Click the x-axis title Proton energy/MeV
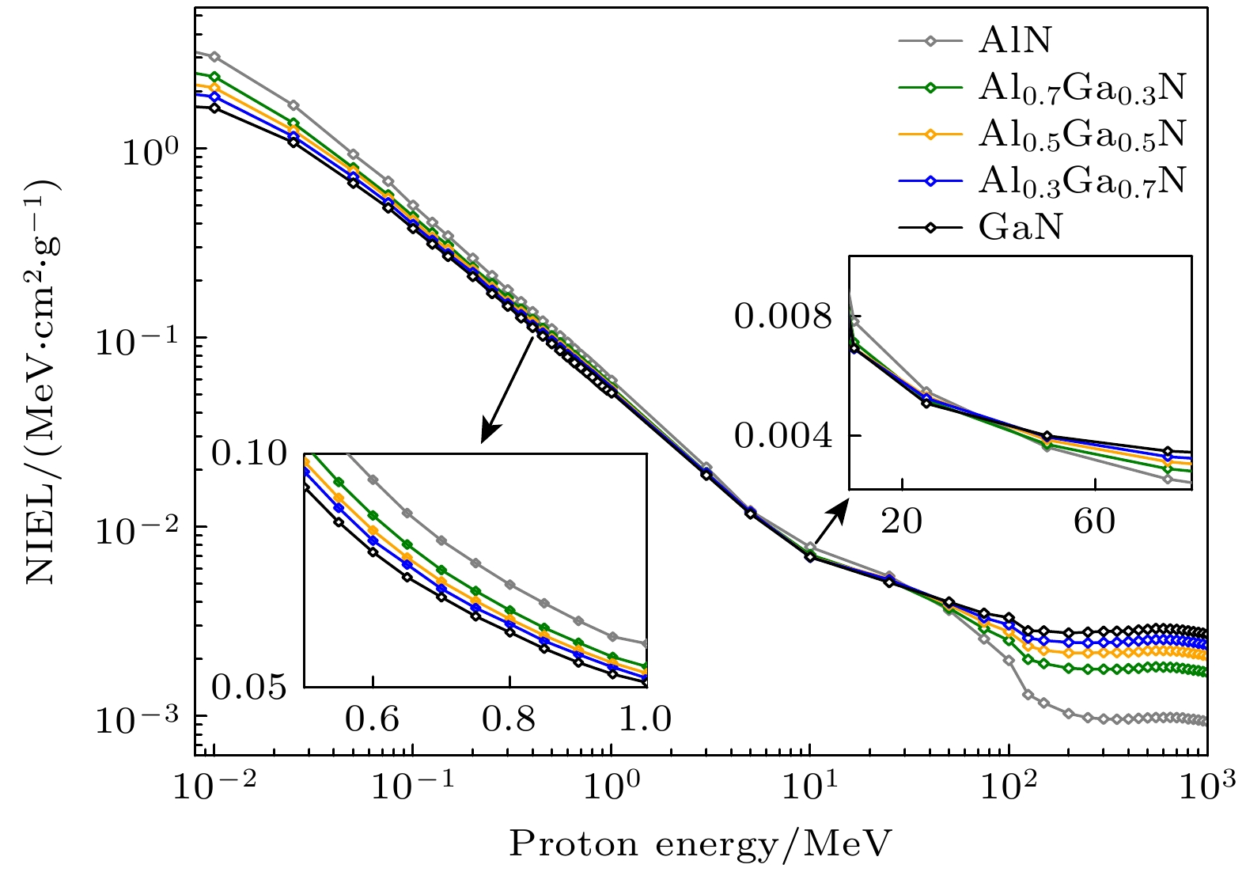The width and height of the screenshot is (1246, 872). pyautogui.click(x=700, y=844)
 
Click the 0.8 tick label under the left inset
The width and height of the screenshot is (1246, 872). pyautogui.click(x=509, y=718)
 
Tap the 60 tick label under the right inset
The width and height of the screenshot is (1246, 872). pyautogui.click(x=1095, y=521)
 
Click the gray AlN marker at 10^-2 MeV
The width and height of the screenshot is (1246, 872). pyautogui.click(x=214, y=57)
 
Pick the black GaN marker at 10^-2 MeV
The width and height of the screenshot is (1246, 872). pyautogui.click(x=214, y=108)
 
